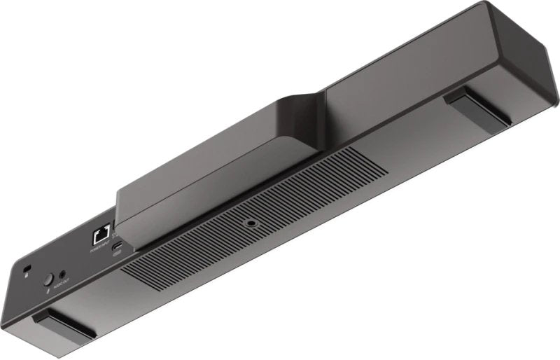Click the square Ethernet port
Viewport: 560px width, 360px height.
click(x=99, y=234)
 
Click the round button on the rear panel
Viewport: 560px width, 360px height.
click(x=48, y=278)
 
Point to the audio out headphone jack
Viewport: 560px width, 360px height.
click(x=64, y=274)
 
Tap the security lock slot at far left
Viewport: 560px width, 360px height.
click(x=27, y=269)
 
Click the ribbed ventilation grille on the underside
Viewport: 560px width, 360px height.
click(x=210, y=238)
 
